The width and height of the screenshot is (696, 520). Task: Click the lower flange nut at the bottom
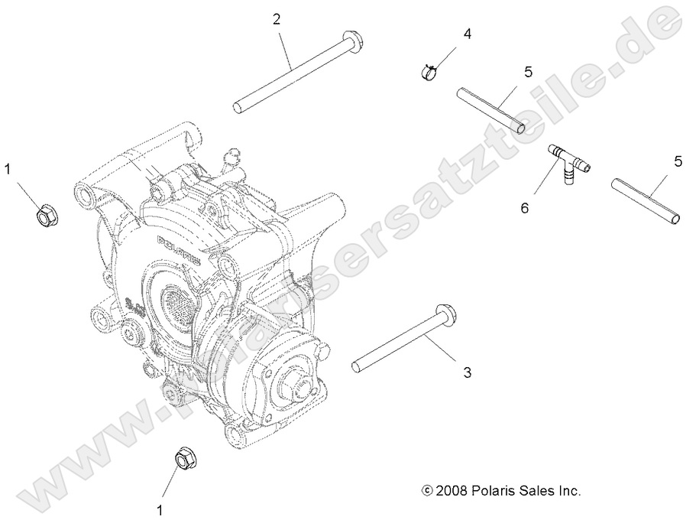pos(186,460)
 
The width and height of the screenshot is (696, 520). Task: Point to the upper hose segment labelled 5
pos(490,110)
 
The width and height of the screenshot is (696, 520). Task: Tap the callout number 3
pos(467,372)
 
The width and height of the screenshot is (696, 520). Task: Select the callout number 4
pos(467,34)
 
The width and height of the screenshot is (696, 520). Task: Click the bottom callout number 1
pos(160,507)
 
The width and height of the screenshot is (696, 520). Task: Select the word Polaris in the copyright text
pos(496,490)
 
